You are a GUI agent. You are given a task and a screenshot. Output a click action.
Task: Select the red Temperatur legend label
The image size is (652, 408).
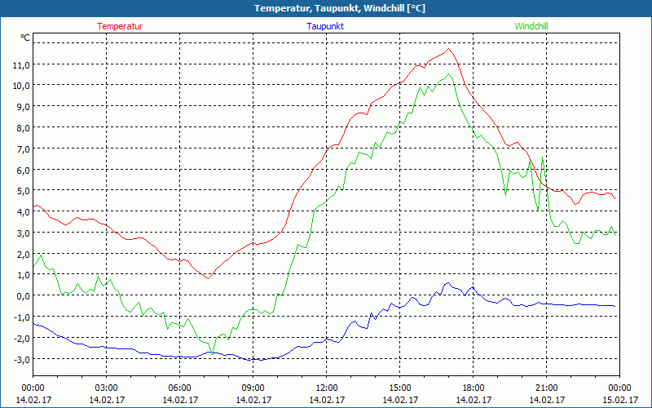click(120, 26)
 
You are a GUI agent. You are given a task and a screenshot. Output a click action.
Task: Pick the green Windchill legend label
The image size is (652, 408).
click(531, 26)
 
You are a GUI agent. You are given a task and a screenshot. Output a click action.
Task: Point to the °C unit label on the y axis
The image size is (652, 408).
click(25, 38)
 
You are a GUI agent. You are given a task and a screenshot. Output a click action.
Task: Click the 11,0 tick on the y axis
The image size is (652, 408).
click(21, 64)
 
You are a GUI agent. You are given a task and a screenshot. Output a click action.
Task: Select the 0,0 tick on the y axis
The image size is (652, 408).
click(21, 295)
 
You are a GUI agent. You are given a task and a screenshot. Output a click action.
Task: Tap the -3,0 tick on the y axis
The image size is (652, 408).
click(21, 359)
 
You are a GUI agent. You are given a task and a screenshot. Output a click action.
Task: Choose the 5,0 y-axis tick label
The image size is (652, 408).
click(21, 190)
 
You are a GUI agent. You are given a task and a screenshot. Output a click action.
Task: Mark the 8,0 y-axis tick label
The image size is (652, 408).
click(21, 127)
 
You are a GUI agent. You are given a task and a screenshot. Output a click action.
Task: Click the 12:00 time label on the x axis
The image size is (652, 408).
click(326, 388)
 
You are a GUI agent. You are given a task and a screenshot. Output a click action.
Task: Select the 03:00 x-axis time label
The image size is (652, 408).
click(107, 388)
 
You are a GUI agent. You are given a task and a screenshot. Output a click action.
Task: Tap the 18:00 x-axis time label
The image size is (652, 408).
click(473, 388)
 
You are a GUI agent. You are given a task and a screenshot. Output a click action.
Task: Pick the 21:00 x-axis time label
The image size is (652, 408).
click(546, 388)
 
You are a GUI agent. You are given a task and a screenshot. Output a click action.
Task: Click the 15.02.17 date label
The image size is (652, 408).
click(619, 400)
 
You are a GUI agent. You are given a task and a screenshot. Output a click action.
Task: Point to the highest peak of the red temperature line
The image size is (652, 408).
click(449, 49)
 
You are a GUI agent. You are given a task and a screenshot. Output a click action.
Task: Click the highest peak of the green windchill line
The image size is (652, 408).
click(449, 74)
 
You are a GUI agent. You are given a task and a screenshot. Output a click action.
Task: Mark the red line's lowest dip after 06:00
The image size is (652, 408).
click(208, 278)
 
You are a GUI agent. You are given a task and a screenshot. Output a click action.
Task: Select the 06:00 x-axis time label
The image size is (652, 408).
click(180, 388)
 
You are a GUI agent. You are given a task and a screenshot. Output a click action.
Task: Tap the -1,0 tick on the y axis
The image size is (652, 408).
click(21, 317)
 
